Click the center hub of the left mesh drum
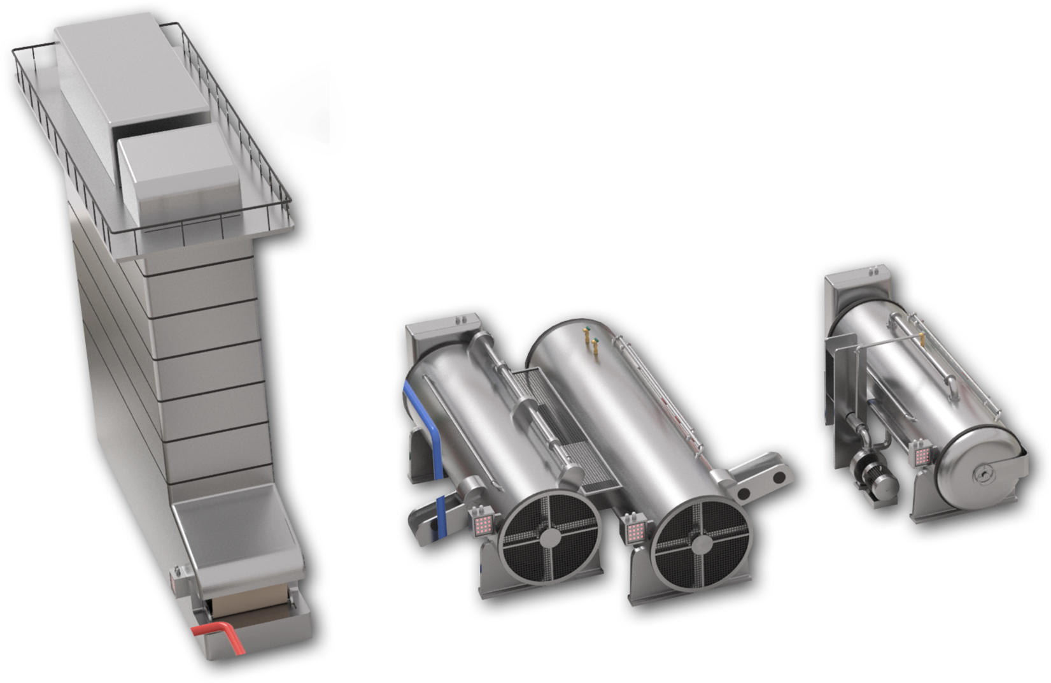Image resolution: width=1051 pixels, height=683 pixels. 549,540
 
